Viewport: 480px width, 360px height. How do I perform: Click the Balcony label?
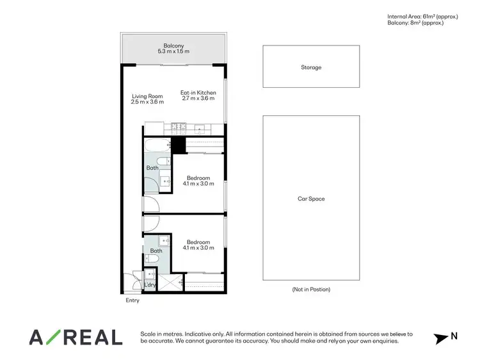tap(173, 48)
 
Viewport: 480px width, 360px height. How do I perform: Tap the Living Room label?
tap(147, 98)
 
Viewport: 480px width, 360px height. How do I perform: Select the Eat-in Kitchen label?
tap(198, 95)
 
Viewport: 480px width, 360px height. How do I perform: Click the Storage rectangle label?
tap(311, 67)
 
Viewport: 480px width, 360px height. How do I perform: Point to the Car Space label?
tap(311, 199)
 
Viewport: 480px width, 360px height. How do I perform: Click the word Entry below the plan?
tap(132, 300)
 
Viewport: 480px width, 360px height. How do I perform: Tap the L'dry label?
tap(150, 284)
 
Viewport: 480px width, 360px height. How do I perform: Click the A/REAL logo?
tap(76, 337)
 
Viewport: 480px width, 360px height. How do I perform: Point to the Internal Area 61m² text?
tap(423, 16)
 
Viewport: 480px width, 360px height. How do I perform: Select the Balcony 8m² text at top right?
tap(415, 23)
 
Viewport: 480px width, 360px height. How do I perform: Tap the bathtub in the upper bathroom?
tap(156, 145)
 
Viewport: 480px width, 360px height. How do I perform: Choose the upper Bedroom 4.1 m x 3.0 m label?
tap(198, 181)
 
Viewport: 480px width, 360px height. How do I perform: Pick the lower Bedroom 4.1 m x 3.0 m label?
tap(198, 244)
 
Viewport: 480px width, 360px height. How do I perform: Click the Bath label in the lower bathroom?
tap(156, 250)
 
